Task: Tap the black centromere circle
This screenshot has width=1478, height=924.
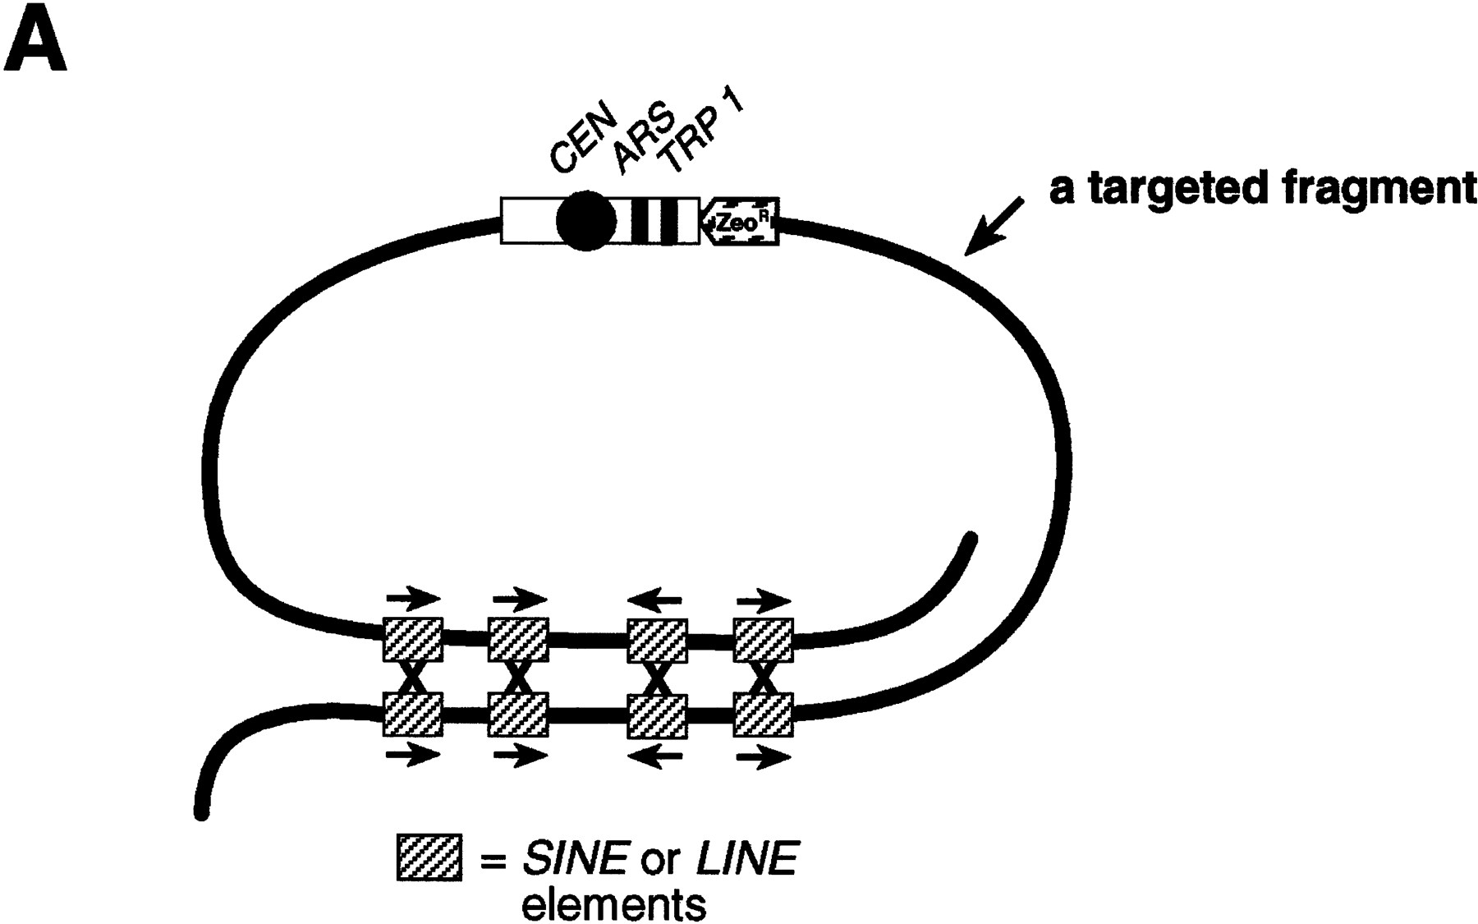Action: click(x=586, y=220)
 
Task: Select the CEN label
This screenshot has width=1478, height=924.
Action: click(x=578, y=144)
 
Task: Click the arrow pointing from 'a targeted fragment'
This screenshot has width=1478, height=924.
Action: click(x=994, y=227)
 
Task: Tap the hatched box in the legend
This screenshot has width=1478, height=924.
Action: click(x=429, y=857)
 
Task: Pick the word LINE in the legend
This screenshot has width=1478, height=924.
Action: click(x=746, y=859)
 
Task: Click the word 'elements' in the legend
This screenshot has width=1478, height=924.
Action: click(x=613, y=904)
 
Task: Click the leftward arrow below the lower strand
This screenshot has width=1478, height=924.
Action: click(x=654, y=756)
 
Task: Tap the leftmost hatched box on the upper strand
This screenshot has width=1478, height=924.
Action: click(x=413, y=640)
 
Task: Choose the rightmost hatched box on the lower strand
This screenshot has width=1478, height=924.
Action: click(x=763, y=715)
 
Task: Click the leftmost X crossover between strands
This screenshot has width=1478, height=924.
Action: click(x=413, y=678)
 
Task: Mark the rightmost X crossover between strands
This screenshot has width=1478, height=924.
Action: click(x=763, y=678)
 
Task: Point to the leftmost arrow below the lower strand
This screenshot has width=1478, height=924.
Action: click(x=413, y=754)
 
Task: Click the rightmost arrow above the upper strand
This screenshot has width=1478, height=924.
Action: click(x=763, y=602)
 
